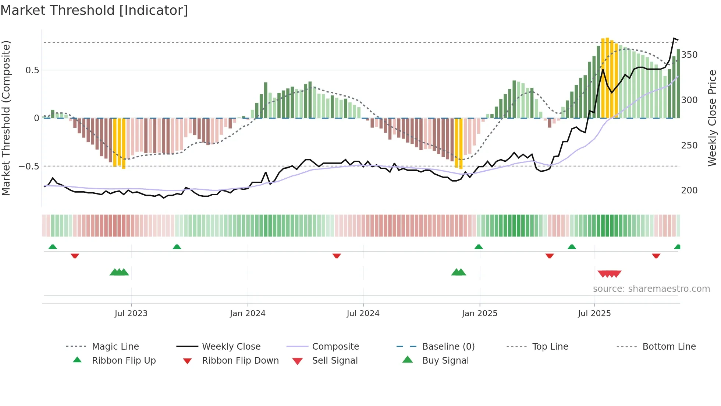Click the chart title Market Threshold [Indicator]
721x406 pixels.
click(x=94, y=10)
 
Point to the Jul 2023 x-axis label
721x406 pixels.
click(x=131, y=314)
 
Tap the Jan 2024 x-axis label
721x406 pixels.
click(x=248, y=314)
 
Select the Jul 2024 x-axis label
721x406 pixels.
click(x=363, y=314)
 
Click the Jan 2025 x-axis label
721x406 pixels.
click(x=480, y=314)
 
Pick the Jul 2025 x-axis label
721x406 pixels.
click(x=594, y=314)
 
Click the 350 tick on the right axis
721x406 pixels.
click(x=689, y=55)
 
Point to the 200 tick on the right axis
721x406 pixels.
click(x=689, y=190)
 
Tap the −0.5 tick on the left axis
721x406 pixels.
click(x=29, y=167)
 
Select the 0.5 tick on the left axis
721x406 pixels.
click(x=32, y=70)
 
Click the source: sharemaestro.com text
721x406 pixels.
click(x=651, y=289)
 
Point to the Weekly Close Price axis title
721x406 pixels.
click(x=713, y=118)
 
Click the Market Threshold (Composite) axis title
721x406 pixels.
click(x=6, y=118)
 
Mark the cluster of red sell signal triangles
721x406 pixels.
click(x=610, y=274)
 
